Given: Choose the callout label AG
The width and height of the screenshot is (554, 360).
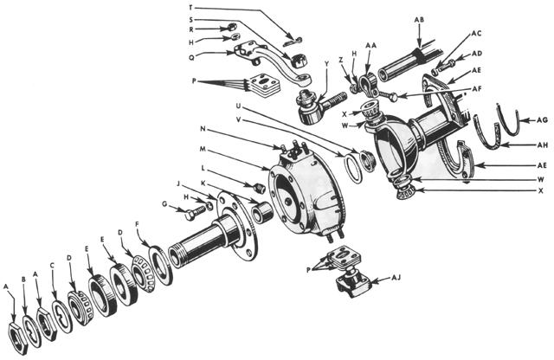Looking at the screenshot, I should (542, 121).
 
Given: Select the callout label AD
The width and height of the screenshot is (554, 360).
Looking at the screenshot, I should (477, 53).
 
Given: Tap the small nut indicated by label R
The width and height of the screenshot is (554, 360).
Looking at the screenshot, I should (232, 29).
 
